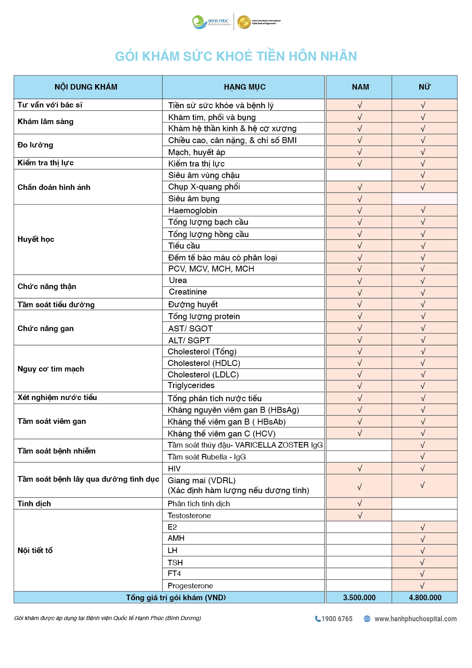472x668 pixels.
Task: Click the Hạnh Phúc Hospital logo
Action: (x=210, y=22)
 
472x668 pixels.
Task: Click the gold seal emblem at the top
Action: (x=244, y=22)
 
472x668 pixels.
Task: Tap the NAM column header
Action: (x=360, y=87)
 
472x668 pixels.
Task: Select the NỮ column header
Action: (x=424, y=87)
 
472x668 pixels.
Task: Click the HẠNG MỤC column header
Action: (x=245, y=87)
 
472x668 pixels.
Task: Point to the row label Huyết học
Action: (x=36, y=239)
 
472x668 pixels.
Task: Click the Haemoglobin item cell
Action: (x=193, y=211)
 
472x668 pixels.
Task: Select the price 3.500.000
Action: (x=359, y=598)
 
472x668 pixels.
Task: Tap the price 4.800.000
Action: (x=425, y=598)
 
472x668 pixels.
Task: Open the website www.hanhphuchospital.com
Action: (x=415, y=619)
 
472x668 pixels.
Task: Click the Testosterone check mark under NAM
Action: (x=360, y=516)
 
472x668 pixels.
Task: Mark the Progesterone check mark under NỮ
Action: (x=422, y=586)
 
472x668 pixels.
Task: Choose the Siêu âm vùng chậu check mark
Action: (x=423, y=175)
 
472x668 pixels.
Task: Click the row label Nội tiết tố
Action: (x=35, y=551)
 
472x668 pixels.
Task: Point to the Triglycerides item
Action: (x=191, y=386)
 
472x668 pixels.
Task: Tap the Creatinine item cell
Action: (x=188, y=292)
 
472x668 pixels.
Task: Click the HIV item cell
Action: (x=174, y=469)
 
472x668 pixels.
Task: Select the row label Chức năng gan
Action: (x=46, y=329)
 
